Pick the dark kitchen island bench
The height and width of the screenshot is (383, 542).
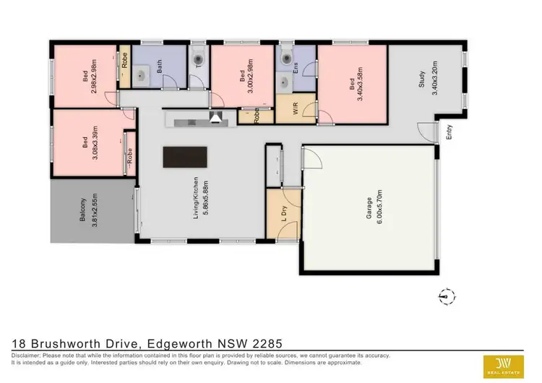pos(184,157)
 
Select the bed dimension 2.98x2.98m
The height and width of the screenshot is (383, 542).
pos(93,77)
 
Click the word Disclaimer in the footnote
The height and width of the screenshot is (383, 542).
pos(27,356)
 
